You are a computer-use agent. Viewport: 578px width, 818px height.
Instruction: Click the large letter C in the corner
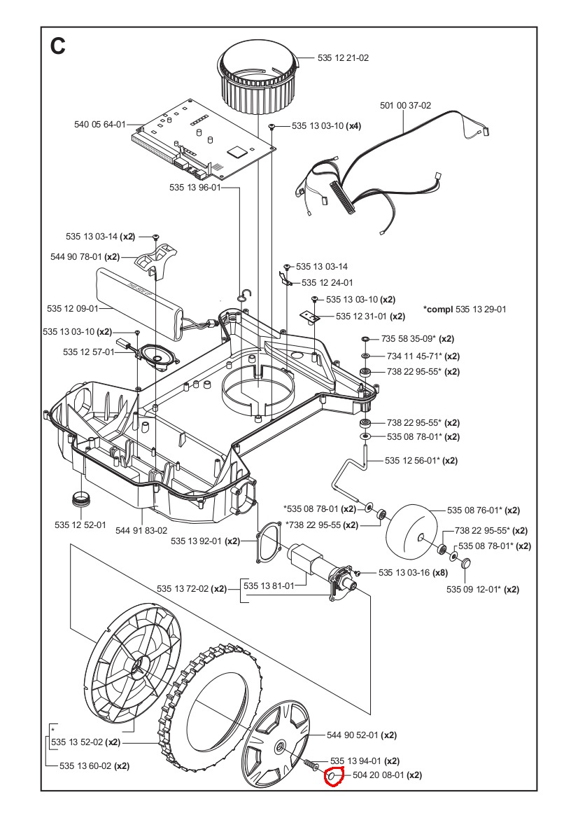point(57,46)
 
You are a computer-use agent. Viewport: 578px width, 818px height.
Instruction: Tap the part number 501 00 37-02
point(405,106)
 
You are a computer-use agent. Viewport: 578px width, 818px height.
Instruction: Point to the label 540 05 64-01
point(99,125)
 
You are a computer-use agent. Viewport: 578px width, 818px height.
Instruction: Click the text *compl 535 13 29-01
point(465,309)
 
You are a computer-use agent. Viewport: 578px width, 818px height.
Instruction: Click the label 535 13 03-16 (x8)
point(412,573)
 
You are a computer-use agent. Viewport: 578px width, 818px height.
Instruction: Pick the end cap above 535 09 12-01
point(465,564)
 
